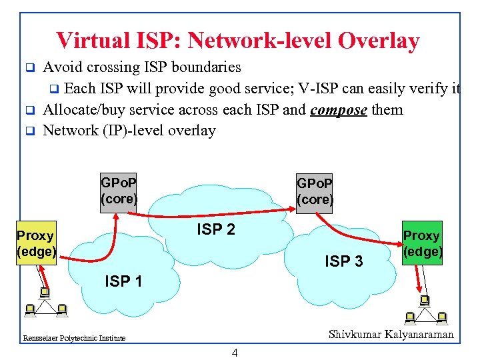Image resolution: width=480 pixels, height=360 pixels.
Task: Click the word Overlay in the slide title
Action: tap(379, 41)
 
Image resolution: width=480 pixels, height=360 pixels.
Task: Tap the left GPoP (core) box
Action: tap(119, 191)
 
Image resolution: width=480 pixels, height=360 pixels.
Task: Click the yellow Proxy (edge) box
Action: tap(37, 243)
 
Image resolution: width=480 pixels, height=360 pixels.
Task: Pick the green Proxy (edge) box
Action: tap(421, 243)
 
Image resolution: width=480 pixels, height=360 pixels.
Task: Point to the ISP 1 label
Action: tap(123, 281)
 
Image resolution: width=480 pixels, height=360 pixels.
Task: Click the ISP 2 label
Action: tap(215, 230)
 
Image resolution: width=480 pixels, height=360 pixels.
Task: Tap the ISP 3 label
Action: tap(344, 261)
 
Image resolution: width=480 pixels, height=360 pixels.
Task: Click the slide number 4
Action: tap(235, 353)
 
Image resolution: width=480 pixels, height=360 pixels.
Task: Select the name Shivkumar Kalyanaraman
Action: tap(391, 335)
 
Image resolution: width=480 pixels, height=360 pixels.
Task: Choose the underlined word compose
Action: tap(339, 109)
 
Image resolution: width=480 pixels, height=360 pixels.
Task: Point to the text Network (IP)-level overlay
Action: tap(129, 130)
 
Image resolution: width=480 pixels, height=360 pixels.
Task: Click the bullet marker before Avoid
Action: tap(29, 68)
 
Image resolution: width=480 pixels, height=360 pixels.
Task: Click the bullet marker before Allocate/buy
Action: tap(29, 110)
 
